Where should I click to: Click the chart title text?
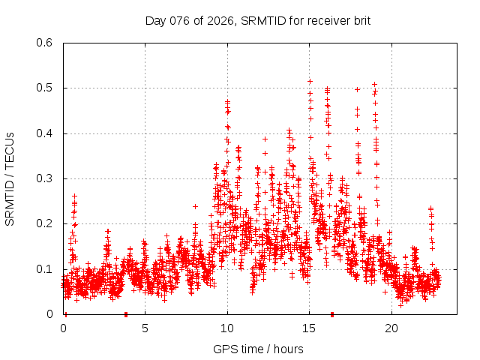(257, 20)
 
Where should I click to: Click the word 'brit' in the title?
(360, 20)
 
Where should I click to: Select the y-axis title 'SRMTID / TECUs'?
(10, 178)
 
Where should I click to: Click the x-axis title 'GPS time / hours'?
(258, 349)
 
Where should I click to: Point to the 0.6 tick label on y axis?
(46, 43)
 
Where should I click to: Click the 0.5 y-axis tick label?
(46, 88)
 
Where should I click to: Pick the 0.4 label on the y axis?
(46, 133)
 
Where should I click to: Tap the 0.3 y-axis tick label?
(46, 178)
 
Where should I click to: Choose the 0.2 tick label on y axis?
(46, 223)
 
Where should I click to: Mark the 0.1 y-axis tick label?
(46, 269)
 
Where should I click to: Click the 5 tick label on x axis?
(145, 328)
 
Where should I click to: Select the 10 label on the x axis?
(226, 328)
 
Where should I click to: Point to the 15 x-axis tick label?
(309, 328)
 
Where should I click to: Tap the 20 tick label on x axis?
(391, 328)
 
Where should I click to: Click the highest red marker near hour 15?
(310, 81)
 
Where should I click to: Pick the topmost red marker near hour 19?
(374, 85)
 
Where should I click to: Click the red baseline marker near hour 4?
(125, 313)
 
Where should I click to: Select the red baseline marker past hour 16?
(332, 313)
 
